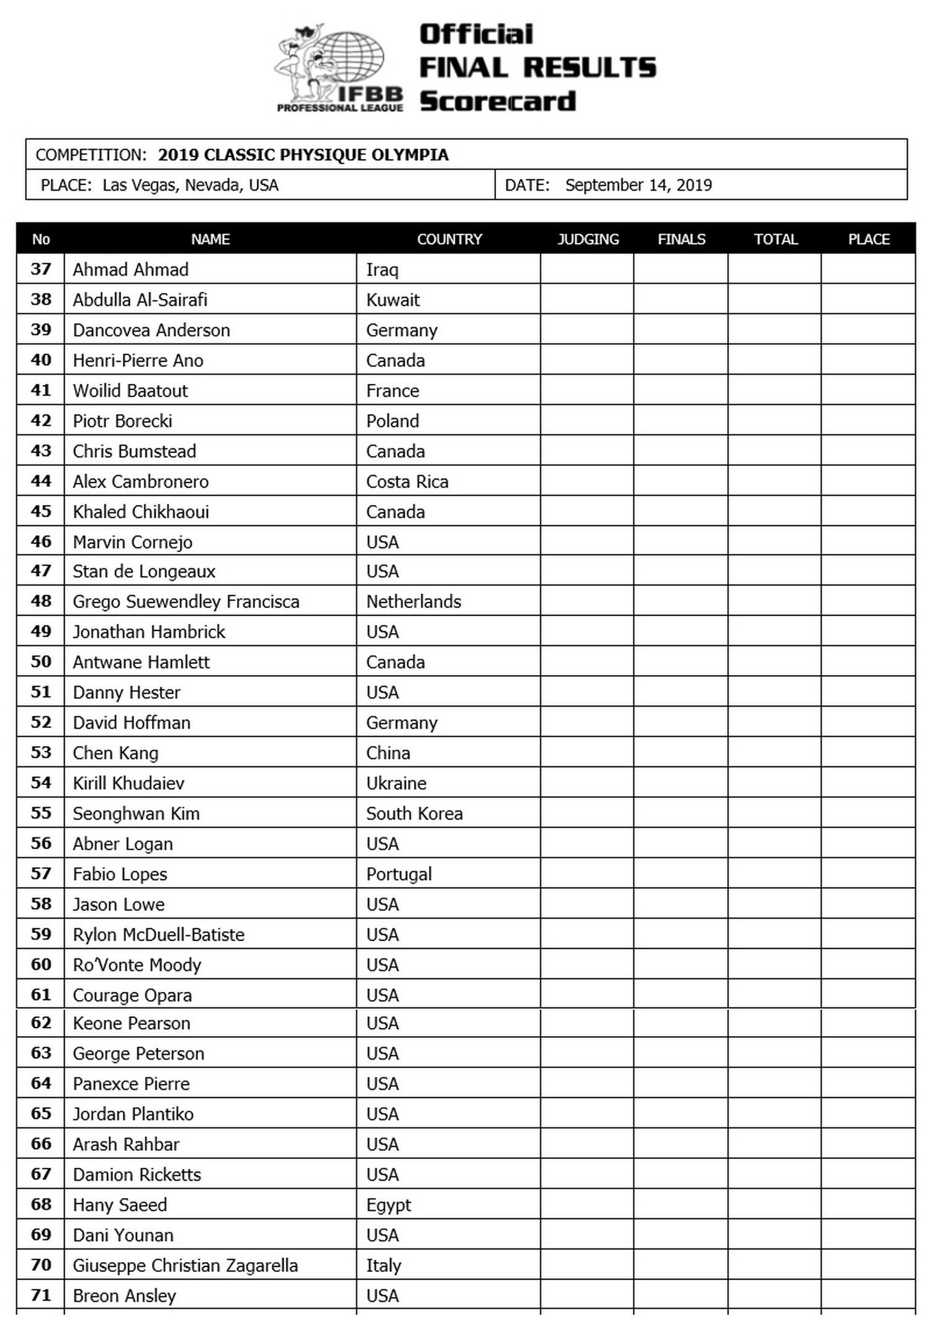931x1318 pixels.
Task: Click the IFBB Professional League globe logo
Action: (x=338, y=67)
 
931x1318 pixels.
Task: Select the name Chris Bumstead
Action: (x=134, y=451)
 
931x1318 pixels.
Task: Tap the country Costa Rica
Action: (x=407, y=481)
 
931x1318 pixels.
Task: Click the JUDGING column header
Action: (x=588, y=239)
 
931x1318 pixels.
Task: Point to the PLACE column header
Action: (x=868, y=239)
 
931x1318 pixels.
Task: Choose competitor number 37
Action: (x=41, y=269)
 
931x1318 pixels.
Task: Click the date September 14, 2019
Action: (x=638, y=185)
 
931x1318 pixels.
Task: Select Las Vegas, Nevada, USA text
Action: (x=190, y=185)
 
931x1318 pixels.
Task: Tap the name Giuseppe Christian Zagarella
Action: (x=185, y=1265)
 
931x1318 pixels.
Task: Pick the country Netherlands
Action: (x=413, y=601)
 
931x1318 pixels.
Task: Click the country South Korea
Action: (x=414, y=813)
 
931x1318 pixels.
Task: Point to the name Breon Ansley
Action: (x=124, y=1296)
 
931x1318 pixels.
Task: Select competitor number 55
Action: (x=41, y=813)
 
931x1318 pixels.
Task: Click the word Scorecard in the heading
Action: (x=498, y=101)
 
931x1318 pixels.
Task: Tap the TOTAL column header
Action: (x=775, y=239)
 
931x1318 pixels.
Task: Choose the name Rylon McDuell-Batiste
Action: (x=158, y=934)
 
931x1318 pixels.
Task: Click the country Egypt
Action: (x=389, y=1205)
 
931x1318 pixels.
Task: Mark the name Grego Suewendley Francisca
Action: (x=186, y=601)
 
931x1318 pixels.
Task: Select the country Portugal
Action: (x=398, y=874)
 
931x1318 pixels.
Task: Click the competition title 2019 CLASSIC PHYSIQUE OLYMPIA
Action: (x=303, y=155)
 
